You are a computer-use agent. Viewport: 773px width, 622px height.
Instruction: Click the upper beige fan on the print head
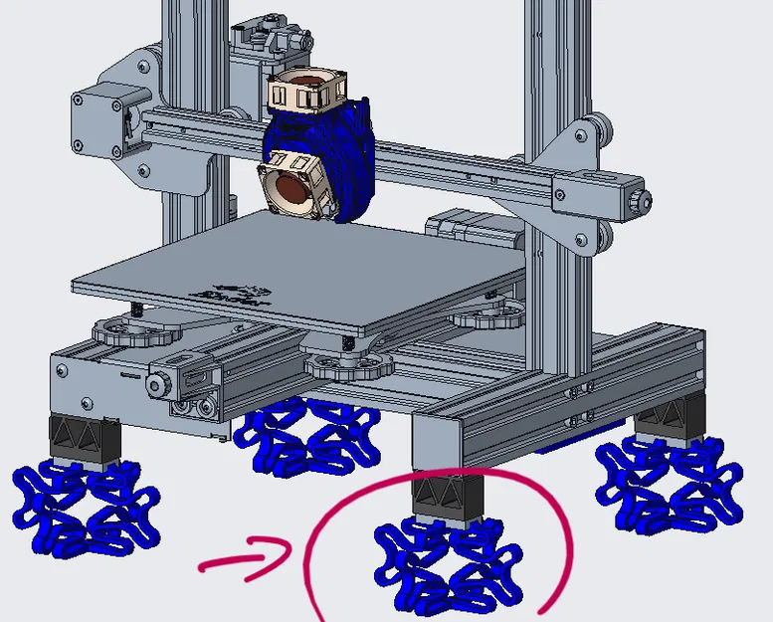pyautogui.click(x=305, y=93)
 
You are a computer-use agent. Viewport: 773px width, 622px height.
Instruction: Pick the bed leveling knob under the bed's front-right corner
pyautogui.click(x=348, y=362)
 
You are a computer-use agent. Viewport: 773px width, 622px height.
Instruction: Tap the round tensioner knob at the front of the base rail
pyautogui.click(x=157, y=384)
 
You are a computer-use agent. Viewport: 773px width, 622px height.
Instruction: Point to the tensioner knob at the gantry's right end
pyautogui.click(x=634, y=200)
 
